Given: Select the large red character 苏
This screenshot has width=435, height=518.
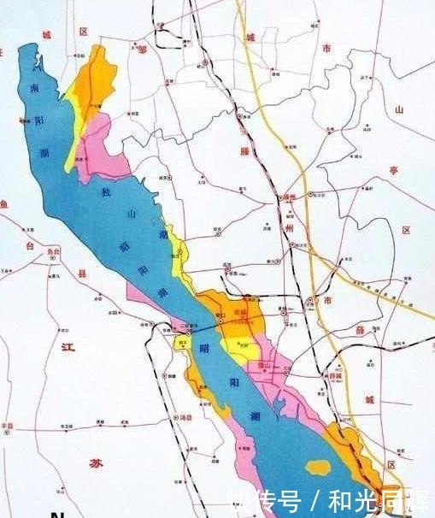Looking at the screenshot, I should pyautogui.click(x=94, y=462).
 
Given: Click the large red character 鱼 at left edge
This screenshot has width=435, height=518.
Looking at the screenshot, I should pyautogui.click(x=4, y=203).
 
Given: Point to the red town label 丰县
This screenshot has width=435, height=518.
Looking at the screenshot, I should pyautogui.click(x=8, y=425).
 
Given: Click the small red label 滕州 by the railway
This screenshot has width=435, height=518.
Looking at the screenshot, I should pyautogui.click(x=290, y=197).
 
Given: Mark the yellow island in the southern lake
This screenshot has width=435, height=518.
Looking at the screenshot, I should pyautogui.click(x=318, y=468).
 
